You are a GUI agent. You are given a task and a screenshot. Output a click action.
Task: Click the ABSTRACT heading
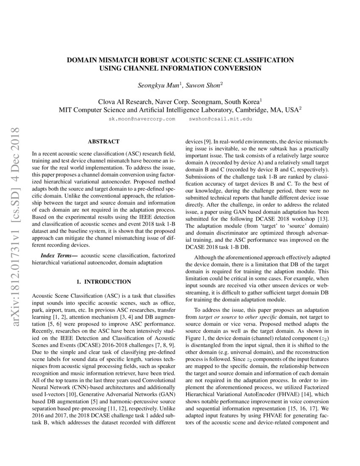pyautogui.click(x=103, y=141)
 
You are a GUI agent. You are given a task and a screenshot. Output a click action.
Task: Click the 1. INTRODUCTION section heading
pyautogui.click(x=103, y=281)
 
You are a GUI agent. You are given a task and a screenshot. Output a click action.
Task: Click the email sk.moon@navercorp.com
pyautogui.click(x=142, y=119)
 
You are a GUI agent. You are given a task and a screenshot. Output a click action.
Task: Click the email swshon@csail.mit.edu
pyautogui.click(x=220, y=119)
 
